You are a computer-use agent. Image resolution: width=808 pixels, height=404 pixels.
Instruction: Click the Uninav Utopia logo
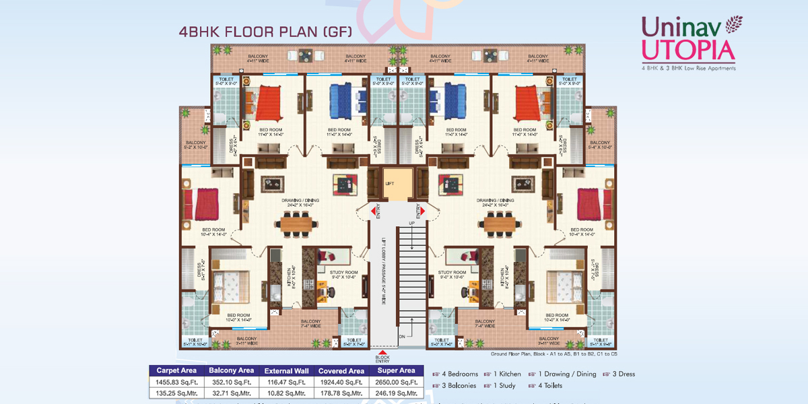pos(687,42)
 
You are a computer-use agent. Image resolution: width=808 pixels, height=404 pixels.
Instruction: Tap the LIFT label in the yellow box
pos(389,183)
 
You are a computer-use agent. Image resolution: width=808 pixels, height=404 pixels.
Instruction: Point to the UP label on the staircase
pos(411,222)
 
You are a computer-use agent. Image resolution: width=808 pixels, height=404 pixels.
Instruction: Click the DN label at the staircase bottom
pos(402,335)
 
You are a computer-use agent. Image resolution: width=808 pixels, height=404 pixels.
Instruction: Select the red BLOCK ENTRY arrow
pos(383,353)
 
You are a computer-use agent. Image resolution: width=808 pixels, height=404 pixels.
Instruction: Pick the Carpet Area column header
pos(176,370)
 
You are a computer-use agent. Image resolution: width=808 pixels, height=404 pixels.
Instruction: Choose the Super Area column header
pos(397,370)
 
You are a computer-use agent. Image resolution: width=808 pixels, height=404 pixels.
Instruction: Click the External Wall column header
pos(287,370)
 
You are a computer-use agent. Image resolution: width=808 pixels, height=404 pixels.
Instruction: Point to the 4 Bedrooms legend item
pos(456,374)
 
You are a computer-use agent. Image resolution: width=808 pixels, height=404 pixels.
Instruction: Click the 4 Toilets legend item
pos(552,386)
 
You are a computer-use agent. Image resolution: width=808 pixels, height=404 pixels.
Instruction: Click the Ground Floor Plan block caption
pos(553,353)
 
